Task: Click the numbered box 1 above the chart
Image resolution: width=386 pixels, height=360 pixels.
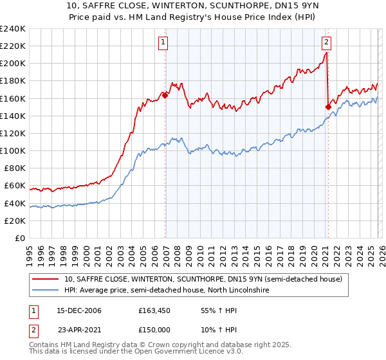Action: point(164,43)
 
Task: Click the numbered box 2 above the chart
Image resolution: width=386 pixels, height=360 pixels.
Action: point(326,43)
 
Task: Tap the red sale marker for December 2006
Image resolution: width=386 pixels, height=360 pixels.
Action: point(165,95)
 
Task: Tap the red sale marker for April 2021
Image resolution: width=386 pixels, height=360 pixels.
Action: point(328,107)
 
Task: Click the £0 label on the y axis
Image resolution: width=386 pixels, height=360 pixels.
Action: point(20,239)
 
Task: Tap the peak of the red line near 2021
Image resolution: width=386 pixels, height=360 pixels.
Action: point(327,53)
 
